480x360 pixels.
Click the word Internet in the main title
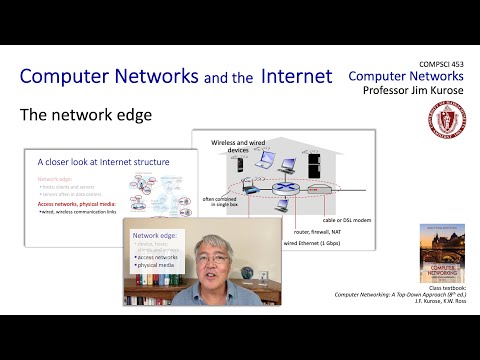[x=297, y=76]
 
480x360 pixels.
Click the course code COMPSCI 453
[x=437, y=62]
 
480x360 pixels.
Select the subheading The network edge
[x=86, y=115]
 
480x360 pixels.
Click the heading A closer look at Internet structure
[x=103, y=161]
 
